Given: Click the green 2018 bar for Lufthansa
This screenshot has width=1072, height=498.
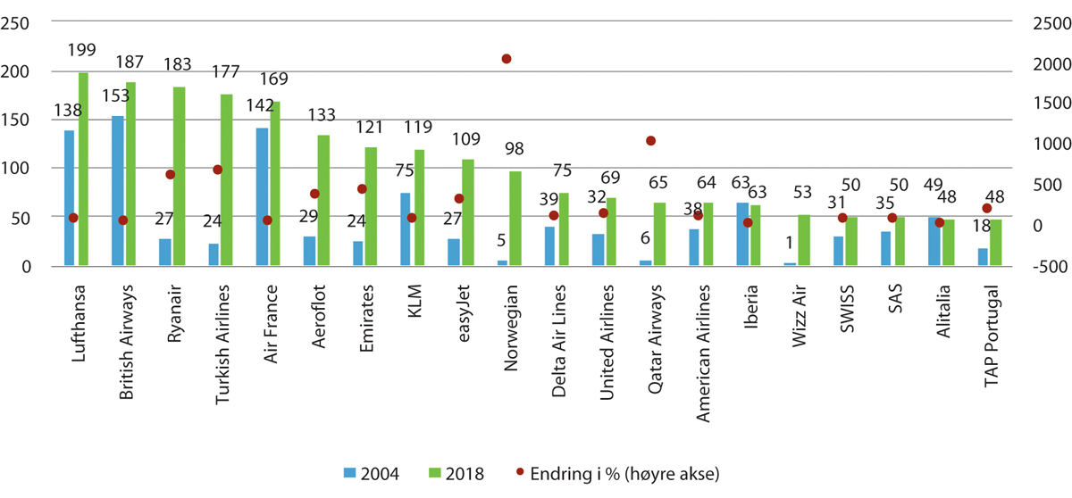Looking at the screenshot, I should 83,170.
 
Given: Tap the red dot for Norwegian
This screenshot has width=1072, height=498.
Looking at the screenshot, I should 506,59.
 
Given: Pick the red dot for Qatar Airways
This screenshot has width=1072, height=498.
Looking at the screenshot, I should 650,141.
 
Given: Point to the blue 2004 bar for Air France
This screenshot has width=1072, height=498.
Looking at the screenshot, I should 262,197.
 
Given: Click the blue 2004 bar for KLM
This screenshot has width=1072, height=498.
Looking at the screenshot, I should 405,229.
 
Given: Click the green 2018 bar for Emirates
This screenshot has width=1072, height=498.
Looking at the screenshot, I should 371,206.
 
